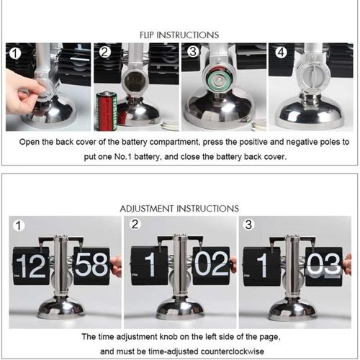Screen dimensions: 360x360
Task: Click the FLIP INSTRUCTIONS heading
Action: click(x=179, y=35)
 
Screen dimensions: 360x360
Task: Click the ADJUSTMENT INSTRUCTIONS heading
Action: click(x=179, y=209)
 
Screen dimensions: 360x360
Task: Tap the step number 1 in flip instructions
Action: click(x=14, y=53)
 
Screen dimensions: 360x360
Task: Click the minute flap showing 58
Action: click(x=91, y=266)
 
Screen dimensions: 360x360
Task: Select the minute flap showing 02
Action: click(x=210, y=266)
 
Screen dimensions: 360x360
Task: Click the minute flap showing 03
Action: click(x=323, y=266)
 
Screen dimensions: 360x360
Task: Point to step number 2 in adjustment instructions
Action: click(x=135, y=224)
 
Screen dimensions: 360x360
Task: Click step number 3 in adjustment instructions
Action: click(x=248, y=224)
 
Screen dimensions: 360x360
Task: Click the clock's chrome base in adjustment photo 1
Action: click(x=61, y=308)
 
